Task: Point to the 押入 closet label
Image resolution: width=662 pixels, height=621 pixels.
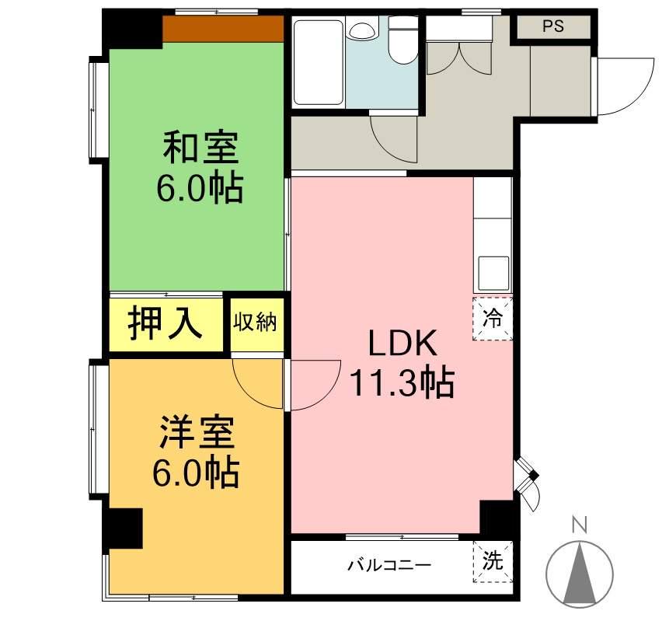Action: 165,323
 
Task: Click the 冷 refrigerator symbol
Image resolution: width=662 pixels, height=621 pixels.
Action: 493,318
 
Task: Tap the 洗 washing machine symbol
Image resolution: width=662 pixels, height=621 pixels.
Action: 493,560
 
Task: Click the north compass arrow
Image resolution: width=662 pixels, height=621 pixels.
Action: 579,574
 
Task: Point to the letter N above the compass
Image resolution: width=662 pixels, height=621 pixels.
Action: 579,525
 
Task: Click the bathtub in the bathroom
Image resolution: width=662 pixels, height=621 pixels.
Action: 318,62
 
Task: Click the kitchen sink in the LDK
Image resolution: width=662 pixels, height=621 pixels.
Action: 493,273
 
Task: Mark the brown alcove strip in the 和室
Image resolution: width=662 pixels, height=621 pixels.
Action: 223,29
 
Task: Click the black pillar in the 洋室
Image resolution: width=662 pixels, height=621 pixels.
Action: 124,529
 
